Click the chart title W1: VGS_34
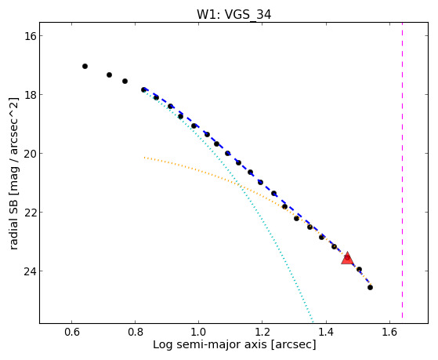(x=233, y=14)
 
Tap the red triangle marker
(x=347, y=259)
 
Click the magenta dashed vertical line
(x=402, y=170)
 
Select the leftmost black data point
(x=85, y=67)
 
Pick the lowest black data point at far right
(x=370, y=287)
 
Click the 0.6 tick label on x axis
(x=72, y=332)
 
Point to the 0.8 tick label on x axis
(x=136, y=332)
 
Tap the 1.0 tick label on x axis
(x=198, y=332)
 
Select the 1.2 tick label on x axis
(x=262, y=332)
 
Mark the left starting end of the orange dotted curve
(x=144, y=158)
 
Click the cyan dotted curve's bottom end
(x=313, y=322)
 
